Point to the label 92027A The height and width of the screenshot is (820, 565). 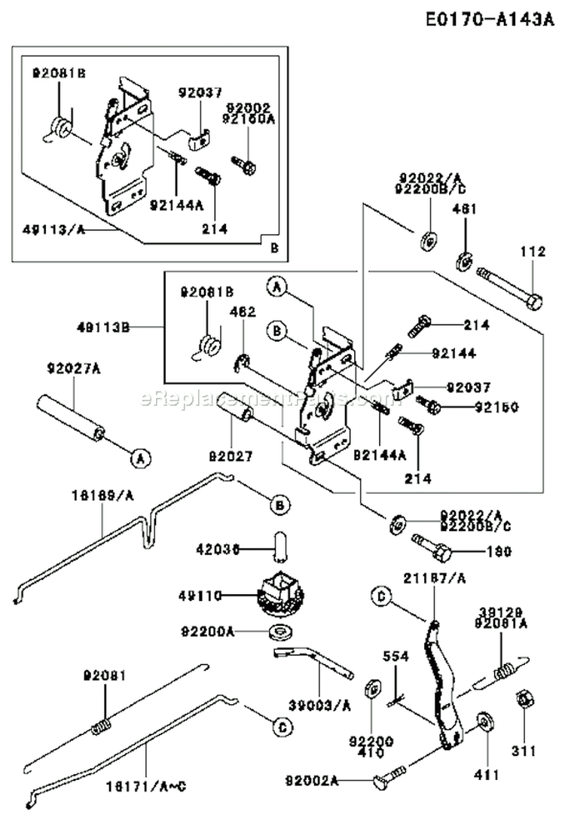pyautogui.click(x=74, y=368)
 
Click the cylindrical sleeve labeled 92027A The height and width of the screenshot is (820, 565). pyautogui.click(x=70, y=418)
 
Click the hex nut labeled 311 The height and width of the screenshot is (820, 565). pyautogui.click(x=521, y=700)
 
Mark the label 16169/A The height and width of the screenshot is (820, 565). pyautogui.click(x=104, y=496)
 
